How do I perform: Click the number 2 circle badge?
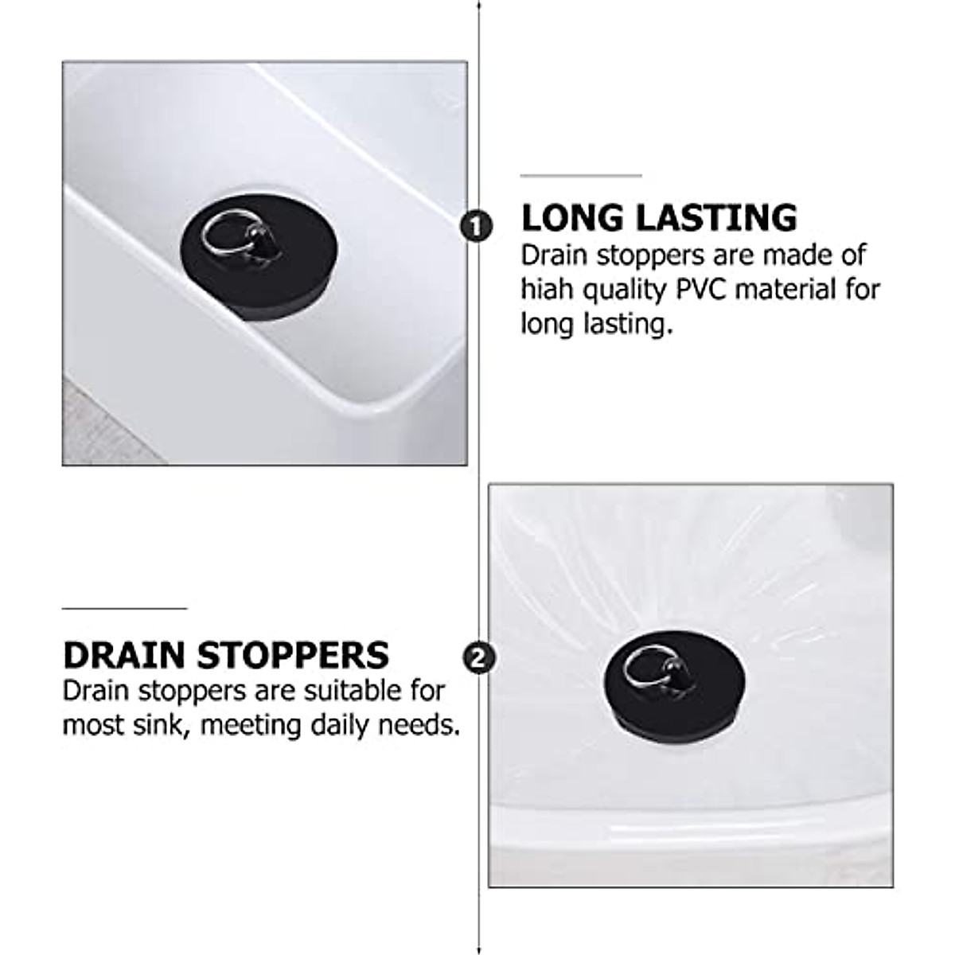(479, 658)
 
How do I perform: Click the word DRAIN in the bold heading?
(125, 655)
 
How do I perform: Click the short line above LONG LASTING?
(580, 176)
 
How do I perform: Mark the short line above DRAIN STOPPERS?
(124, 609)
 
